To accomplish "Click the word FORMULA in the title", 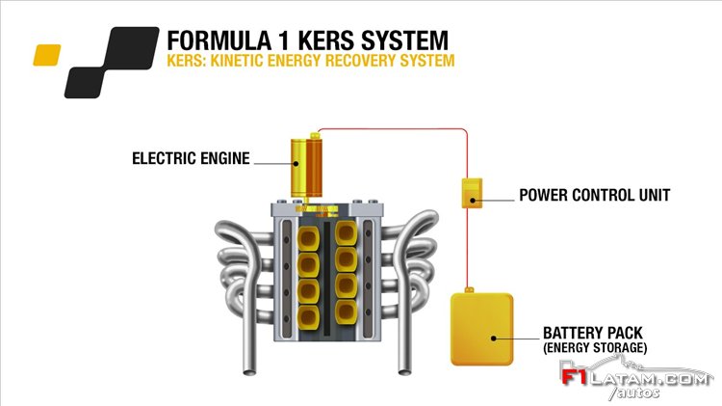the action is point(219,41).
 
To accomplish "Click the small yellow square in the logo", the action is point(47,55).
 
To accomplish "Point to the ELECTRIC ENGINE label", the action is point(191,158).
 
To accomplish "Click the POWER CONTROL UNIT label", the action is point(595,195).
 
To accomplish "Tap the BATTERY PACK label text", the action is point(593,333).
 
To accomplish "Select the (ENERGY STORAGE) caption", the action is point(595,347).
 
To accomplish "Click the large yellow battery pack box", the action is point(481,329).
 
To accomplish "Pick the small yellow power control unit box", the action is point(472,193).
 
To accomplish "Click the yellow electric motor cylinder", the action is point(306,168).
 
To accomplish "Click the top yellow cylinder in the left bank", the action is point(308,238).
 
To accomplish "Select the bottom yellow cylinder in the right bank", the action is point(346,312).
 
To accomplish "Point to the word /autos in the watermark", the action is point(634,392).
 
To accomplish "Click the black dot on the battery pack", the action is point(493,338).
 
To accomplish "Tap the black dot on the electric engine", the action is point(297,163).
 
